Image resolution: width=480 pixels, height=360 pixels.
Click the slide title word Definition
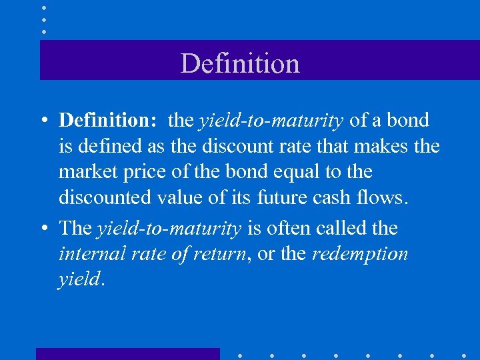coord(240,64)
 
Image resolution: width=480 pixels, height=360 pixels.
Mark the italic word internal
coord(90,255)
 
